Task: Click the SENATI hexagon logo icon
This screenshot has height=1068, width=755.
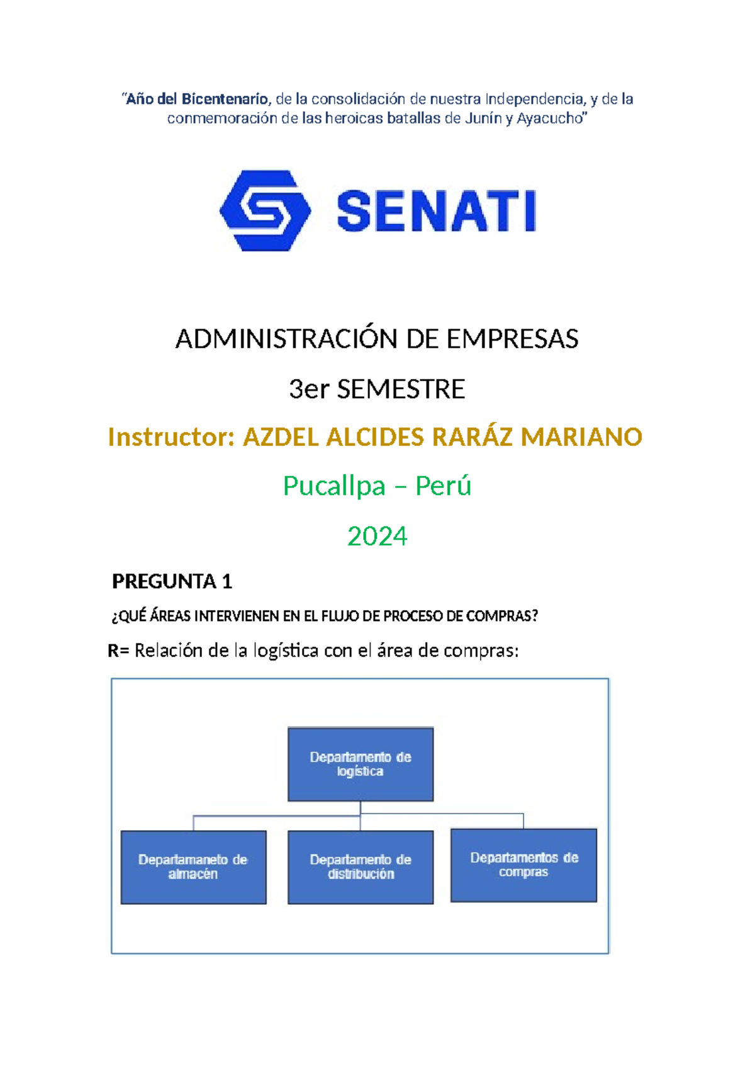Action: tap(265, 210)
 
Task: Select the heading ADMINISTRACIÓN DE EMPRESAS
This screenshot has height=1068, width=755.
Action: tap(377, 339)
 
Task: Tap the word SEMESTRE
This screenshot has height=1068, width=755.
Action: tap(401, 390)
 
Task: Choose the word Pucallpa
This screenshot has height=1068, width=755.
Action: tap(333, 486)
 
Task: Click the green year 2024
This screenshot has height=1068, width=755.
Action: tap(377, 537)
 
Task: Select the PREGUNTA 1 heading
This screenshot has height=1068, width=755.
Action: tap(172, 582)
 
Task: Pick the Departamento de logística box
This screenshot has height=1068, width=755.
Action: tap(361, 764)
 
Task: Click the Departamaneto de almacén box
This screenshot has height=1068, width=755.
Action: tap(193, 867)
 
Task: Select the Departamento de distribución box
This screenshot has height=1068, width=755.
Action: tap(361, 867)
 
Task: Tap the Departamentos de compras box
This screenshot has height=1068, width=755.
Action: tap(523, 865)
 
